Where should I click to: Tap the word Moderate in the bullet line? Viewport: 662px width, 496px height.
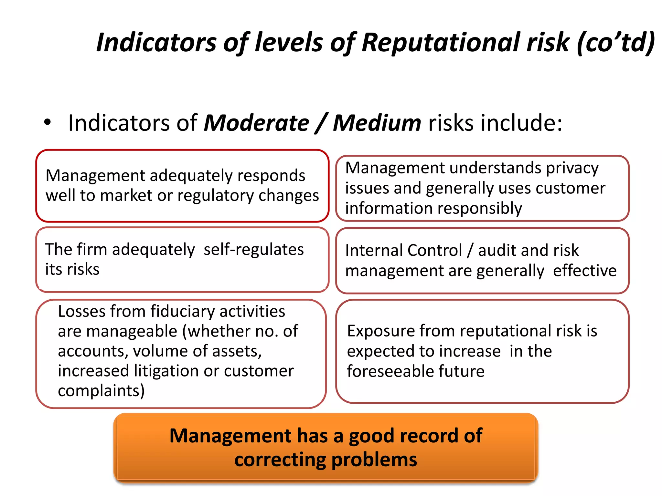[256, 123]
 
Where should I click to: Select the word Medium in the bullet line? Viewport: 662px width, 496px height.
[377, 123]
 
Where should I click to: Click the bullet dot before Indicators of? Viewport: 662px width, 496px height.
[48, 122]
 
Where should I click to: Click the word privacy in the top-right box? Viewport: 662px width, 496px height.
[572, 168]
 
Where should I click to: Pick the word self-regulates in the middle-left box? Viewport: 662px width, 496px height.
[254, 250]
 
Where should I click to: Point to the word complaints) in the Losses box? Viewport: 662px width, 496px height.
[101, 391]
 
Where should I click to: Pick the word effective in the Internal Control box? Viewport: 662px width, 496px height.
[585, 271]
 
